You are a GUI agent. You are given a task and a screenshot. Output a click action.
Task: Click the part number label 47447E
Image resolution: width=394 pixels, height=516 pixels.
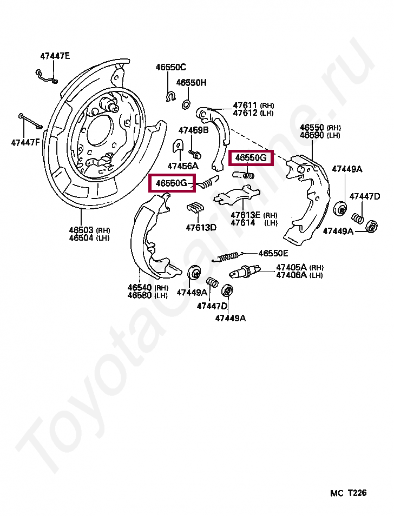[55, 56]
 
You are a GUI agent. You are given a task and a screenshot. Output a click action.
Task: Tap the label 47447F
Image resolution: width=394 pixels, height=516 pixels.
[25, 142]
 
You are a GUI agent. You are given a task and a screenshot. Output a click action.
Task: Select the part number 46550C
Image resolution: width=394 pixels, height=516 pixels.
[170, 67]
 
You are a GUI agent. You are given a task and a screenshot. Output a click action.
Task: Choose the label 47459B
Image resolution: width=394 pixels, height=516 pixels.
[193, 130]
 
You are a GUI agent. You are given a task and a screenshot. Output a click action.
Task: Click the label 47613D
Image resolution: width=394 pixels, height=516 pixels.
[201, 227]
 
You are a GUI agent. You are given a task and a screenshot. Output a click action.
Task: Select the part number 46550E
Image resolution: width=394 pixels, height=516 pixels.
[273, 253]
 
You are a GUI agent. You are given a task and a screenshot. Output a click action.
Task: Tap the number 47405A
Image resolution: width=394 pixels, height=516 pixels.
[291, 267]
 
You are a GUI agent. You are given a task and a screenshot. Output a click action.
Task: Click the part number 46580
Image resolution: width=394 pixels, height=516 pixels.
[140, 295]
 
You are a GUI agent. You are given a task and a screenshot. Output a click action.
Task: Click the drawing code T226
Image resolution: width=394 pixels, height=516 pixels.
[357, 493]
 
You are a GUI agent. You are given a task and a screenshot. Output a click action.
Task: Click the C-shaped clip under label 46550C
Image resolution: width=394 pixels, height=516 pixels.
[170, 97]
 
